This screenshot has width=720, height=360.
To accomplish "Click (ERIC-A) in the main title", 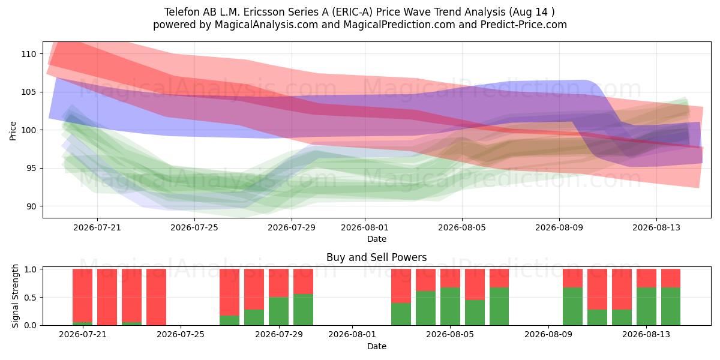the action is click(352, 12).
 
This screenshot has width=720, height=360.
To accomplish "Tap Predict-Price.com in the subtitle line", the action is click(524, 25).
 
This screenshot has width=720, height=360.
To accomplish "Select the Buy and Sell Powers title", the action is click(376, 257).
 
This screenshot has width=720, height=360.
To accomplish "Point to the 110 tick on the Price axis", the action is click(29, 54).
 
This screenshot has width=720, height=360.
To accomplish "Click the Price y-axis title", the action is click(13, 131).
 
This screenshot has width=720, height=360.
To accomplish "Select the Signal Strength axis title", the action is click(15, 296).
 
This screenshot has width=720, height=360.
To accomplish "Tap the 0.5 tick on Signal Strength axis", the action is click(31, 298).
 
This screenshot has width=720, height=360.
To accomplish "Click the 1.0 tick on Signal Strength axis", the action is click(31, 269).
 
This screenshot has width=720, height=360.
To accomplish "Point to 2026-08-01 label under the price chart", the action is click(365, 227).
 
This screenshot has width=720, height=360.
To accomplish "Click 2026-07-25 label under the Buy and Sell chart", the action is click(181, 335).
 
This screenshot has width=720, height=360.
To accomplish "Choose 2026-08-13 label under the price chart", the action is click(656, 227).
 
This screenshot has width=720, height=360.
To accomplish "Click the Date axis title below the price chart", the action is click(377, 239).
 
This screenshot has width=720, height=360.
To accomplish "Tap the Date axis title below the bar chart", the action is click(377, 346).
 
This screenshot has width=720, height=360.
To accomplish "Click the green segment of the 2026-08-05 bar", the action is click(451, 307).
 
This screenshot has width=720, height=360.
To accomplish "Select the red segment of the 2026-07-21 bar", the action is click(83, 295).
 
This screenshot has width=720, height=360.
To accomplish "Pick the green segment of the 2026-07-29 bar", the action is click(278, 311).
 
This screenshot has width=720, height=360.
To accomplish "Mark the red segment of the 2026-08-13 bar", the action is click(646, 278).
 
